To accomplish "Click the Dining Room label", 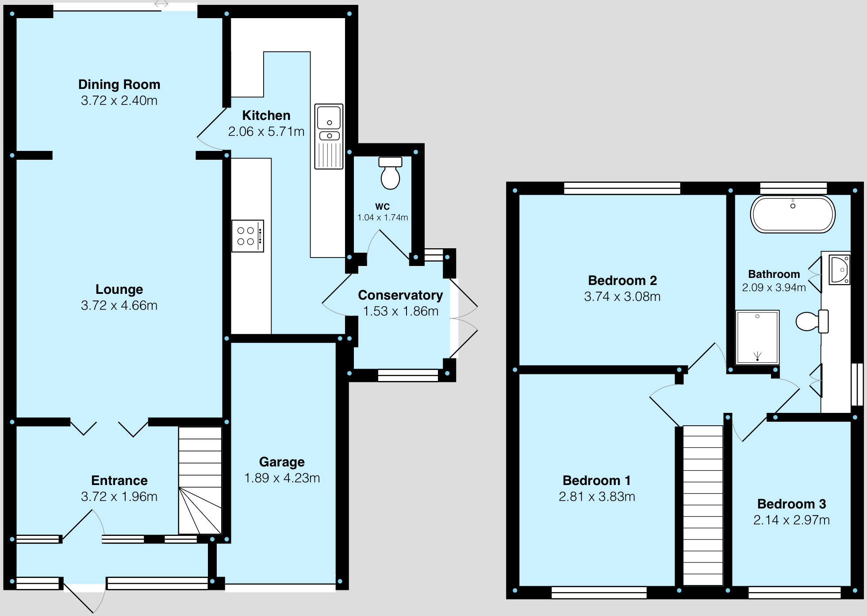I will coord(119,85).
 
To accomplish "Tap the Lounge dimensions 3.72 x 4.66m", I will coord(119,305).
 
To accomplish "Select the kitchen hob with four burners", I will coord(247,236).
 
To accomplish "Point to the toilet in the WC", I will coord(390,173).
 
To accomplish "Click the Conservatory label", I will coord(400,295).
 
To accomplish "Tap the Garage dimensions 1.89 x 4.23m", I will coord(282,478).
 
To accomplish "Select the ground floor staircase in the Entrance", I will coord(200,480).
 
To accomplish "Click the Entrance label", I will coord(119,481).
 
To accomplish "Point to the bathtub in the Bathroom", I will coord(793,214).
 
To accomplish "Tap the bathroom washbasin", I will coord(839,269).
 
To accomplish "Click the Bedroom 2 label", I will coord(622,281).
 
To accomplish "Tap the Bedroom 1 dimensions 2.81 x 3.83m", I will coord(597,497).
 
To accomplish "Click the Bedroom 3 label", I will coord(791,504).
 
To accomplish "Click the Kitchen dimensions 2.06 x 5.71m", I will coord(266,131).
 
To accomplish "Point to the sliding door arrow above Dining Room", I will coord(161,4).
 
